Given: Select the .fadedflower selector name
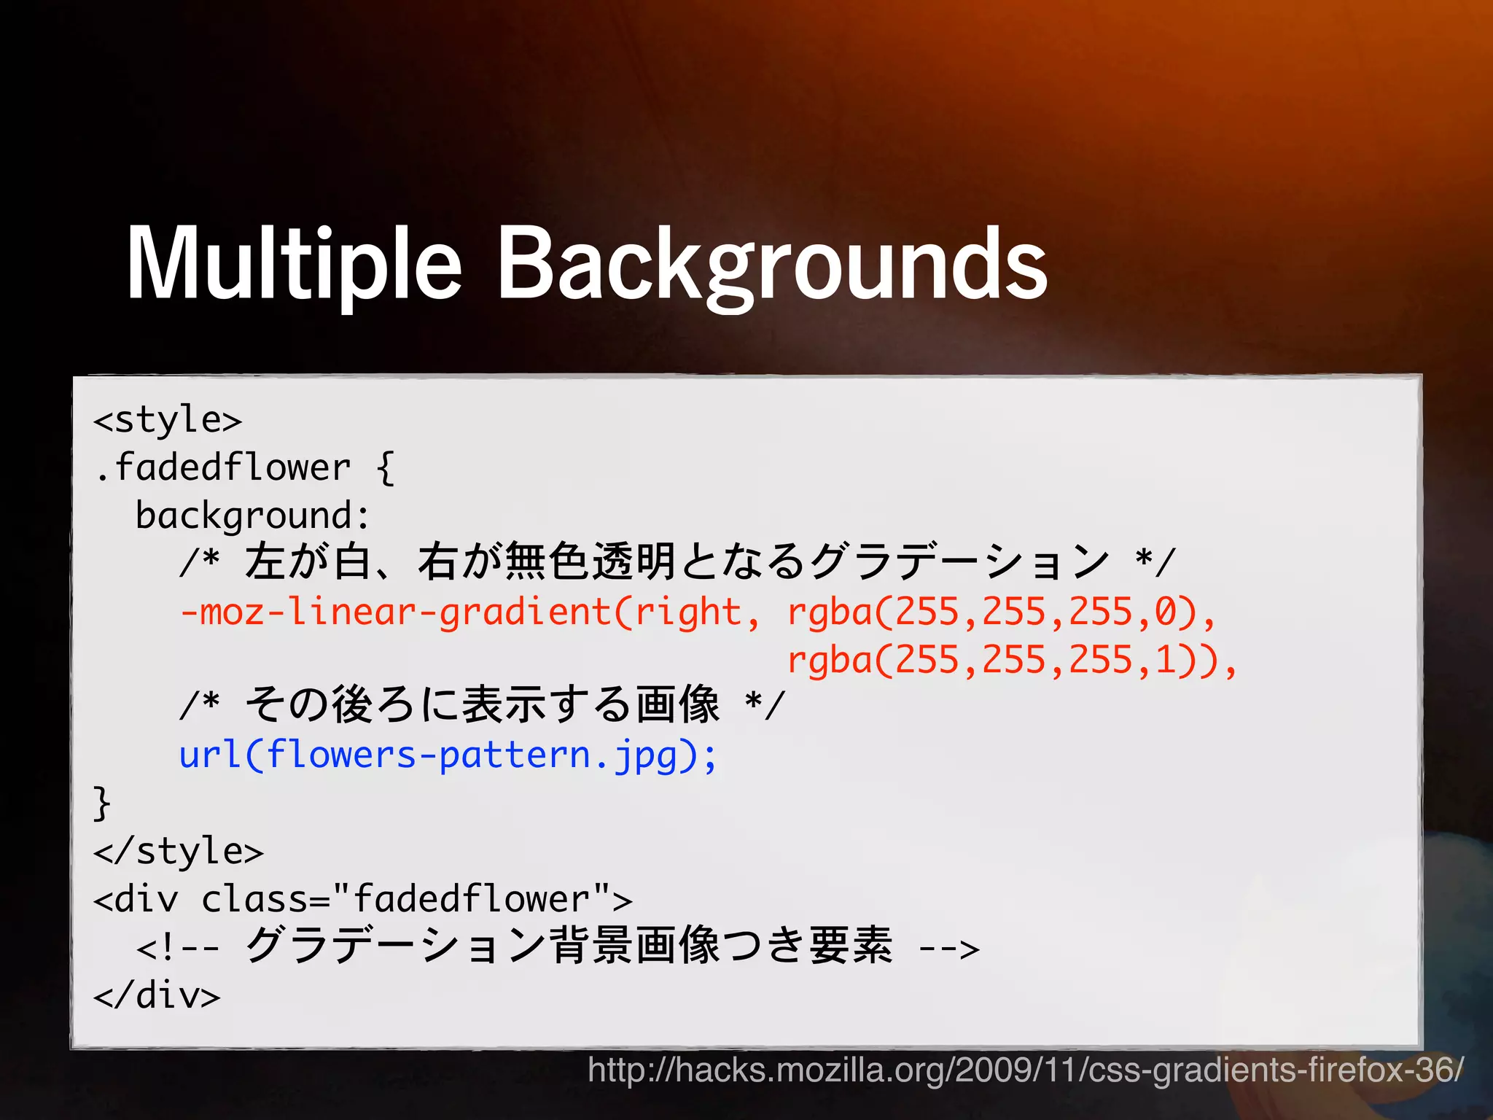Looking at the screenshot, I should (223, 468).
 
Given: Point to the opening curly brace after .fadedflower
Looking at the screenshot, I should (386, 468).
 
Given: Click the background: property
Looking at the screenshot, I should (252, 516).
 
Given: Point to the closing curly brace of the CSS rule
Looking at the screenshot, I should (101, 803).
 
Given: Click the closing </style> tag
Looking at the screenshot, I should (179, 852).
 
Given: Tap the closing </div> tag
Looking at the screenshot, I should (157, 995).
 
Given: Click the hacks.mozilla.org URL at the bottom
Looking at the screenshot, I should (1025, 1070).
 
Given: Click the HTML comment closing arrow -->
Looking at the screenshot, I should (948, 948).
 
